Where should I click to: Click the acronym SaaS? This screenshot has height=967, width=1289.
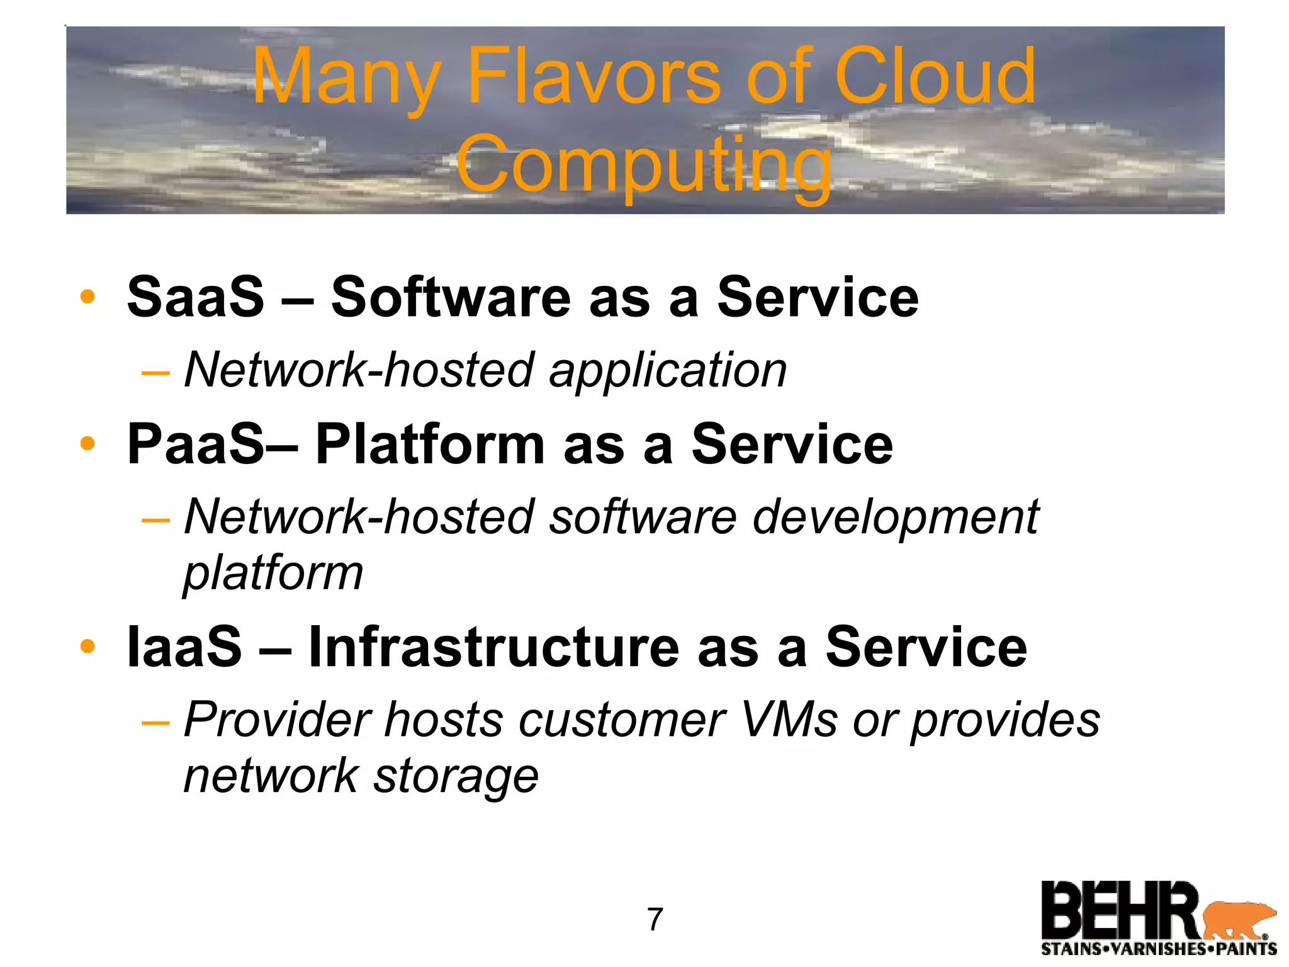click(x=196, y=297)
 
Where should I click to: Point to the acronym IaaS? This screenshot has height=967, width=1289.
click(x=184, y=647)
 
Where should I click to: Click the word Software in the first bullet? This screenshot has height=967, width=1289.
click(x=451, y=297)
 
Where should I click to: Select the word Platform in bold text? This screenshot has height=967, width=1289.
click(x=430, y=444)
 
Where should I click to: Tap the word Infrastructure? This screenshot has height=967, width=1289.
click(x=493, y=647)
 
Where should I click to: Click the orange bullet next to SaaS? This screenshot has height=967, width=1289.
click(x=87, y=297)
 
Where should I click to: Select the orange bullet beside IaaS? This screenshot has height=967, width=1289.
click(x=87, y=647)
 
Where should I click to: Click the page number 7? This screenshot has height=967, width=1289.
click(x=655, y=920)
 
